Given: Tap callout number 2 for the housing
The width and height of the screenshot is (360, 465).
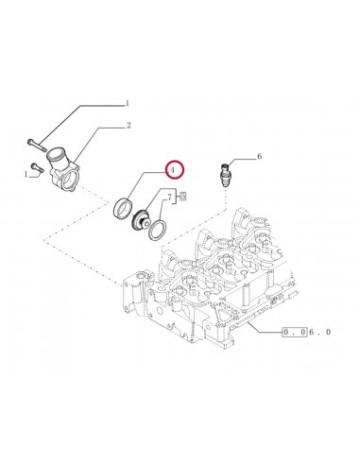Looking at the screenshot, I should tap(129, 124).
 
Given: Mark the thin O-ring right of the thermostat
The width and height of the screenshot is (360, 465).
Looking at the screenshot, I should tap(163, 227).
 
